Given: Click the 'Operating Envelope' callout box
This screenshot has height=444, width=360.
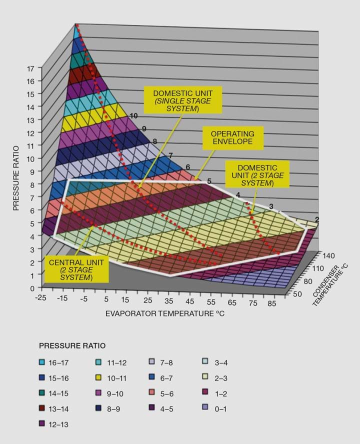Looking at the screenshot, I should click(x=232, y=138).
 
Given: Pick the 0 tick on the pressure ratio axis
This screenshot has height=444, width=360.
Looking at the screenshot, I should click(x=31, y=288).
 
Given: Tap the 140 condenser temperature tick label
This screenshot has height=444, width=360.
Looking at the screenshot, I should click(x=328, y=255).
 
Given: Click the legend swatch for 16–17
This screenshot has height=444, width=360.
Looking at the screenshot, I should click(x=42, y=361).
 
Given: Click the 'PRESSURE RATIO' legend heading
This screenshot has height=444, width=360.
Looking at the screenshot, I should click(x=72, y=345).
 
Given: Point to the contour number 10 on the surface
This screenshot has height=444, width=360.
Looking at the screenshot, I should click(x=133, y=116).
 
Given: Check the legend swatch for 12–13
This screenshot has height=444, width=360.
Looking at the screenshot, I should click(x=42, y=424).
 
